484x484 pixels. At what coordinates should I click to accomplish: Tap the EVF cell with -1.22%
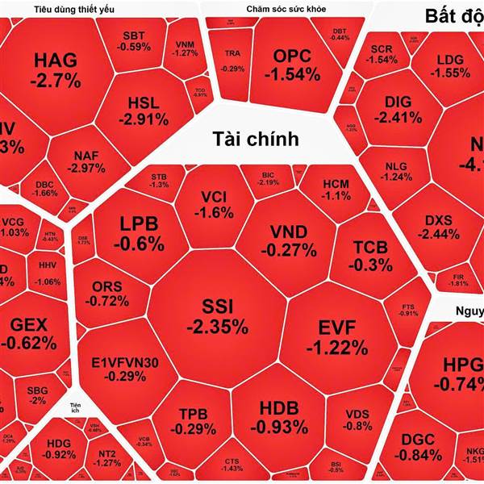pyautogui.click(x=337, y=337)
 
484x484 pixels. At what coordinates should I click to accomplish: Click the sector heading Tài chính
pyautogui.click(x=256, y=139)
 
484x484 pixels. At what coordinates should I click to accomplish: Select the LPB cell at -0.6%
pyautogui.click(x=139, y=232)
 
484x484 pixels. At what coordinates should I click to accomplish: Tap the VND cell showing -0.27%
pyautogui.click(x=288, y=240)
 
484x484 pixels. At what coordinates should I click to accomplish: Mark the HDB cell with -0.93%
pyautogui.click(x=278, y=416)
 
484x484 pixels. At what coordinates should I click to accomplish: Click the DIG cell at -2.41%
pyautogui.click(x=398, y=110)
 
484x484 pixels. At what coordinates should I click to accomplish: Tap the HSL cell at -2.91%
pyautogui.click(x=148, y=111)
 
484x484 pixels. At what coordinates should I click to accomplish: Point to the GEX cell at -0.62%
pyautogui.click(x=29, y=333)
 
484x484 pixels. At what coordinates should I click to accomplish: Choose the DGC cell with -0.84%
pyautogui.click(x=417, y=446)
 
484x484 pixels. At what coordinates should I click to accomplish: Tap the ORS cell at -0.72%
pyautogui.click(x=109, y=294)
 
